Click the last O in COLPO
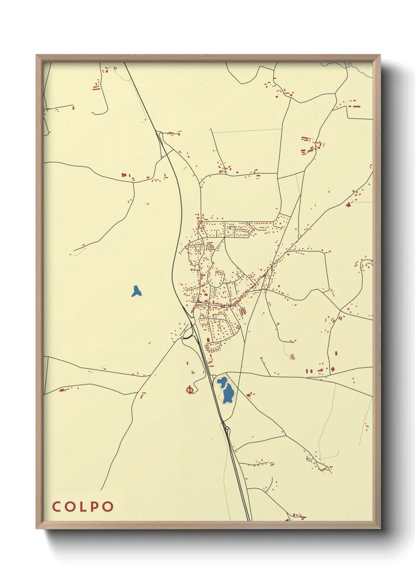point(108,506)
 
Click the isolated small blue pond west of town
point(136,292)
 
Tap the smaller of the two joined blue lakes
point(222,381)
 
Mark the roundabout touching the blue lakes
point(214,376)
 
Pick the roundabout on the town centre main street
point(207,304)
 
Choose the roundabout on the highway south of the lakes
point(227,428)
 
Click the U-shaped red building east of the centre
point(243,312)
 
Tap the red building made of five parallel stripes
point(291,357)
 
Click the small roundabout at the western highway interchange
point(183,337)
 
